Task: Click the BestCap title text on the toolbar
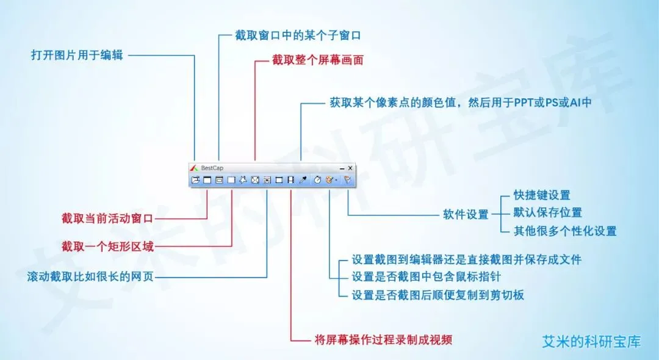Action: (212, 168)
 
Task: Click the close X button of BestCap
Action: (350, 168)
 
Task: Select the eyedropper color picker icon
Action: (303, 180)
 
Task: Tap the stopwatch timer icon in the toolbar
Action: (317, 180)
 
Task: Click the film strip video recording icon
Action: (290, 180)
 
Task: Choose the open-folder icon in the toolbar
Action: (195, 180)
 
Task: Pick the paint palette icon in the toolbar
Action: (329, 180)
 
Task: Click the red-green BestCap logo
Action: (193, 168)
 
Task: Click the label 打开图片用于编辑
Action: (77, 55)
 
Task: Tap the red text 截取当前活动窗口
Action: (107, 217)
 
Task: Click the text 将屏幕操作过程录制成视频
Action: (383, 339)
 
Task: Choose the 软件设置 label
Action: (466, 214)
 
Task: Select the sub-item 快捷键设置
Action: (542, 195)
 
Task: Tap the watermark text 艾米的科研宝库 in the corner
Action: (591, 341)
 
